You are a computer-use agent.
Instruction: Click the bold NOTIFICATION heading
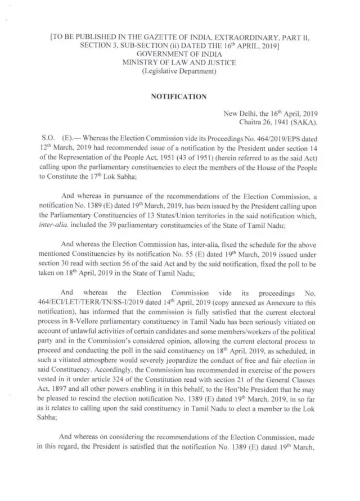tap(179, 97)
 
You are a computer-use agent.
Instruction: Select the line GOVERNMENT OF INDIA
tap(179, 55)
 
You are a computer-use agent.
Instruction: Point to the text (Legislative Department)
tap(179, 71)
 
